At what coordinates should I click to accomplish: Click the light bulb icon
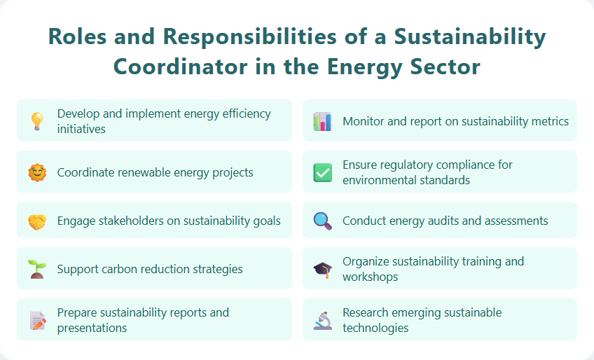[36, 121]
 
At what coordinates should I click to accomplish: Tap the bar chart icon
[322, 121]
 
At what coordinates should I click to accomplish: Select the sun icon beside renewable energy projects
[36, 172]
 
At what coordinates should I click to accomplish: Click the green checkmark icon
[322, 172]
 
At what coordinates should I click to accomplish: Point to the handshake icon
[36, 221]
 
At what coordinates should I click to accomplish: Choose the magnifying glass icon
[322, 221]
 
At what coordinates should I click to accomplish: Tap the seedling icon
[36, 269]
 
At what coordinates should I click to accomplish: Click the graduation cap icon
[322, 269]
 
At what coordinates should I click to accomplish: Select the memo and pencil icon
[36, 320]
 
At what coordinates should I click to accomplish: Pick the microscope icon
[322, 320]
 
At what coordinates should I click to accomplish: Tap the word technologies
[375, 328]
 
